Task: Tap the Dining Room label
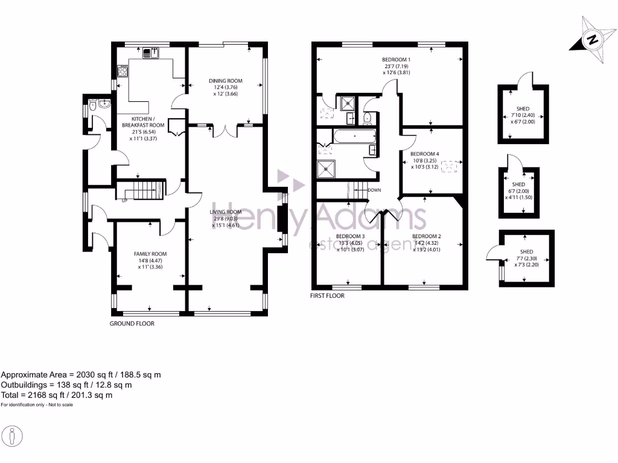(225, 81)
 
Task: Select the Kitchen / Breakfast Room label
(148, 122)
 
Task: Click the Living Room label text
(226, 212)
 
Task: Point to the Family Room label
(150, 254)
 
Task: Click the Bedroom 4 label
(425, 154)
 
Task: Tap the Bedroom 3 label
(351, 236)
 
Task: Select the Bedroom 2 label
(427, 236)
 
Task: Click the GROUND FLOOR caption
(132, 324)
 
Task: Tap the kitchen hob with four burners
(123, 72)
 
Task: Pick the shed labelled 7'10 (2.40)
(523, 115)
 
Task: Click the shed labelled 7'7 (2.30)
(526, 258)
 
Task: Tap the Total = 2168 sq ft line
(57, 395)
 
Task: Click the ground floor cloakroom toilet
(91, 107)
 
